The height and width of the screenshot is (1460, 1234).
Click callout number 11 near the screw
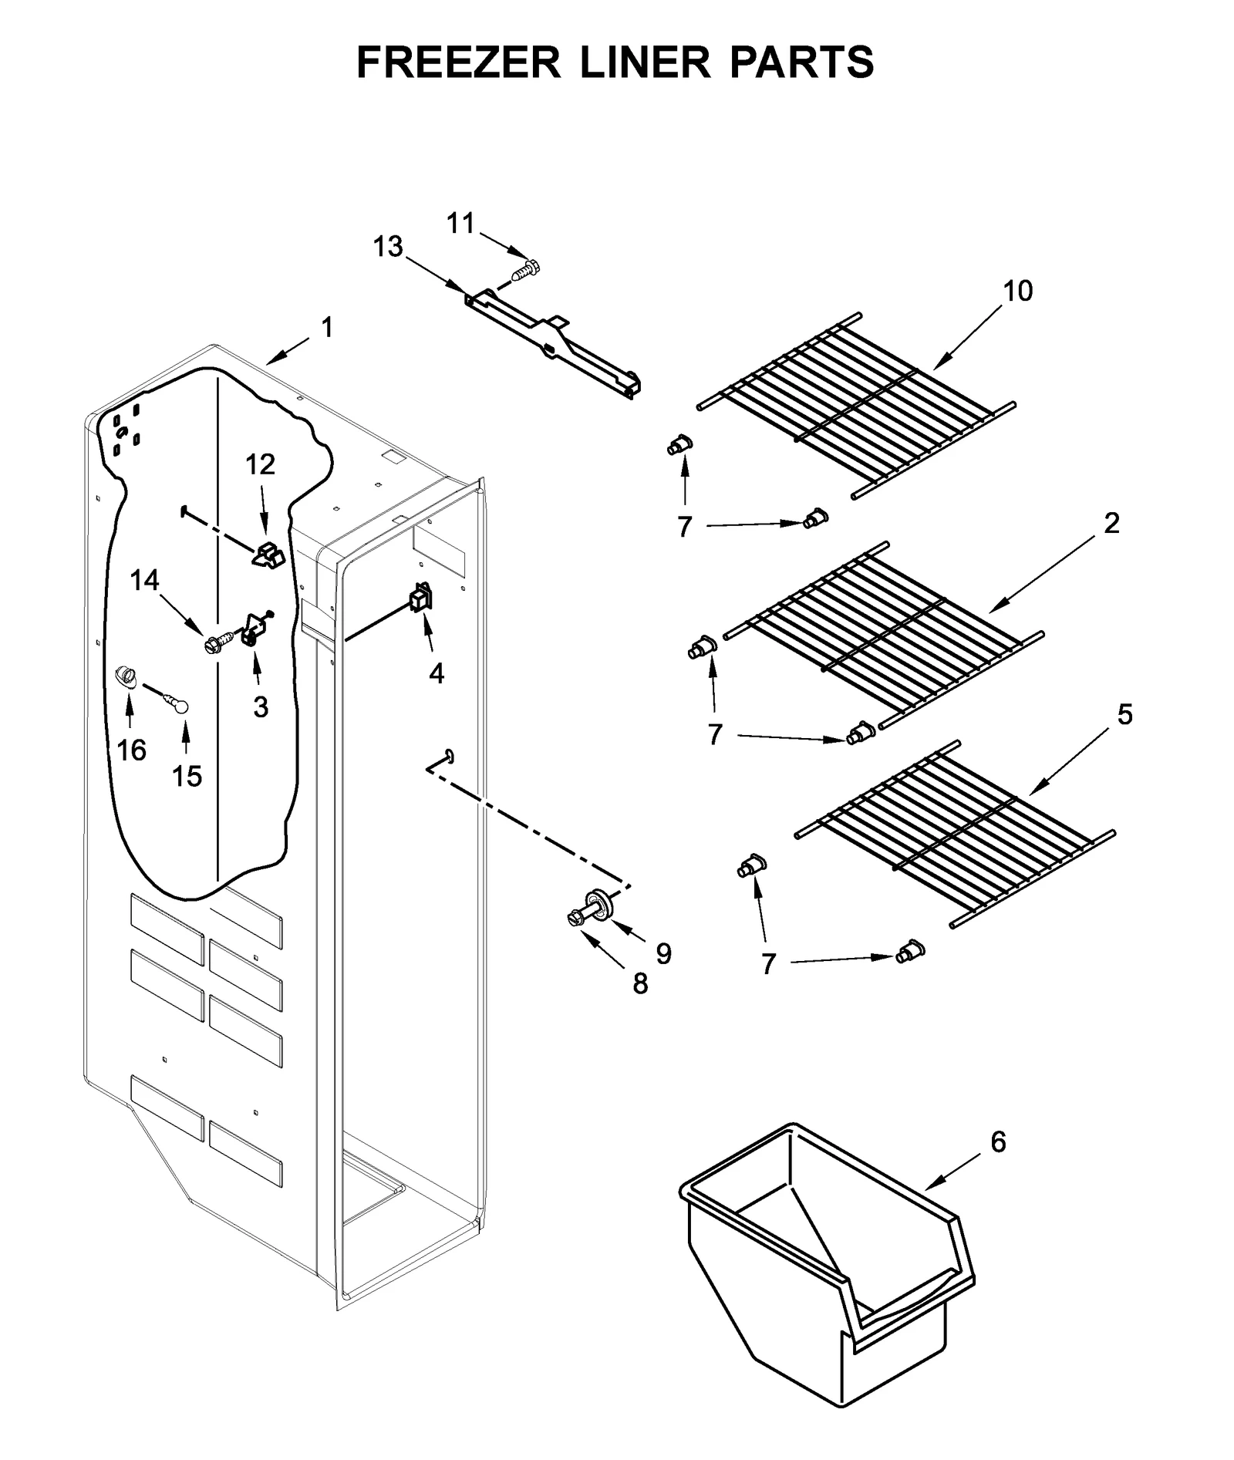(460, 224)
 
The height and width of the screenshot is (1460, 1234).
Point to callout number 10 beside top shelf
(1017, 291)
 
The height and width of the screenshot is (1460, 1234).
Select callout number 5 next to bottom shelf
(1124, 715)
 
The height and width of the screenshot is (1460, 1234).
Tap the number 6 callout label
(998, 1142)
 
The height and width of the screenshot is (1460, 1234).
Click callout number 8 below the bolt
(640, 983)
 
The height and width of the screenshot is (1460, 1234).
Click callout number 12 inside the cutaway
(260, 464)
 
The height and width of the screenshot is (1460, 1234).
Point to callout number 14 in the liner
(144, 580)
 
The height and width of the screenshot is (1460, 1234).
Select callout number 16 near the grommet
(131, 750)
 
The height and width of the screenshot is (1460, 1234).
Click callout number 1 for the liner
(327, 328)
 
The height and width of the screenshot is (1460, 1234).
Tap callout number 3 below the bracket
(261, 706)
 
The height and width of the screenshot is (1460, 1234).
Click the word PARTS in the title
(801, 62)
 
